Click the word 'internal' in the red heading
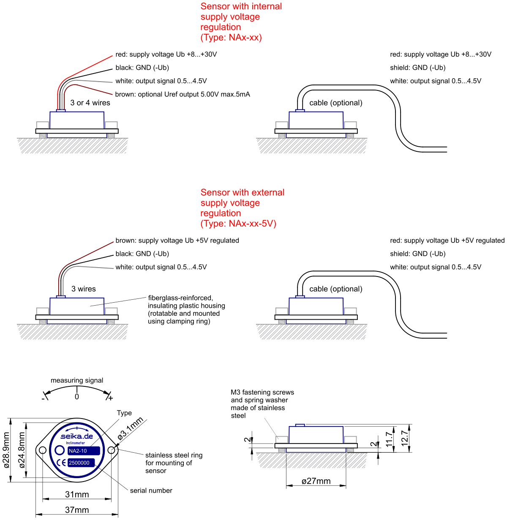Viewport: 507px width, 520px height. point(267,7)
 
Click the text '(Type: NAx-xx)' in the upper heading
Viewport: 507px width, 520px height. point(231,38)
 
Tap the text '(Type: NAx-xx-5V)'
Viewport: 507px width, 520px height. point(238,224)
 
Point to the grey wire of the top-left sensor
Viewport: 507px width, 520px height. point(93,81)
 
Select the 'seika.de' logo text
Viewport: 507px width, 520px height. point(77,436)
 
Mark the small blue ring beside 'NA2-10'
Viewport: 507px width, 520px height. point(60,450)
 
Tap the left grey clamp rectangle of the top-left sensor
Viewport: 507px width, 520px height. point(43,125)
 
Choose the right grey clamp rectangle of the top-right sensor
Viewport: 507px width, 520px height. point(350,125)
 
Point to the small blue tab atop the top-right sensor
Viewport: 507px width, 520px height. point(300,110)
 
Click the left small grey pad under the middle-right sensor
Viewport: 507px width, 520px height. point(282,322)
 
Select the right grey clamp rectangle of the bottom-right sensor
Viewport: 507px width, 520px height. point(350,440)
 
